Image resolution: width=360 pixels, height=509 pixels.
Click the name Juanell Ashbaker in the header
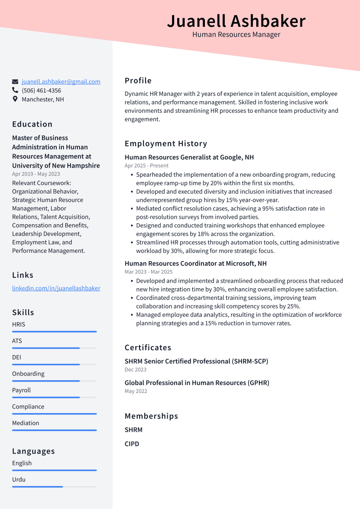(x=236, y=21)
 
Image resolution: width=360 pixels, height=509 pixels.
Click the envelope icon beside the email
(x=15, y=82)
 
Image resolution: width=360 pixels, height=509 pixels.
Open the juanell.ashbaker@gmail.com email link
(x=61, y=82)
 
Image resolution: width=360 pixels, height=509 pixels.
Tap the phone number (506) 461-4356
(x=41, y=91)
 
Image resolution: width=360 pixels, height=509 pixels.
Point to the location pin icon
(x=15, y=99)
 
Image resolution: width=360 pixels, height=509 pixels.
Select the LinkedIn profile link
(x=56, y=288)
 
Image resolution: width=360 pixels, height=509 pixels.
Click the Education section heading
(x=32, y=124)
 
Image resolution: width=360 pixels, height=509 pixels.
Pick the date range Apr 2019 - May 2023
(x=36, y=174)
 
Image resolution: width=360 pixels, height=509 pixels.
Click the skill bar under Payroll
(x=54, y=398)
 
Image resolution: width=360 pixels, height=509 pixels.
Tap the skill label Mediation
(x=25, y=423)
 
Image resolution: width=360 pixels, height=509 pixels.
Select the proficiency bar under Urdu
(x=54, y=487)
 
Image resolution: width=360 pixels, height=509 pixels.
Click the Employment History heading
(x=166, y=144)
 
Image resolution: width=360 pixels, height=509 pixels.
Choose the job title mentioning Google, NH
(x=189, y=157)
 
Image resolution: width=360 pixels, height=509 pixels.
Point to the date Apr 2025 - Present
(x=147, y=165)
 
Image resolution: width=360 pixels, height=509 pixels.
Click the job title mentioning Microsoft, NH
(x=196, y=264)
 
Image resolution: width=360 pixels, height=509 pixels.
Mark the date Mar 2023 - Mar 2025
(x=149, y=272)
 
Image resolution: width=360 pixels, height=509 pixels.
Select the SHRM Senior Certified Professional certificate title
(x=196, y=361)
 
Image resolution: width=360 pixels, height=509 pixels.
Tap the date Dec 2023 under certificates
(x=136, y=370)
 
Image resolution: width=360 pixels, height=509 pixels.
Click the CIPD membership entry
(x=132, y=444)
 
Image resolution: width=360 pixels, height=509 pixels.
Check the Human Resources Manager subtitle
(x=236, y=35)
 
